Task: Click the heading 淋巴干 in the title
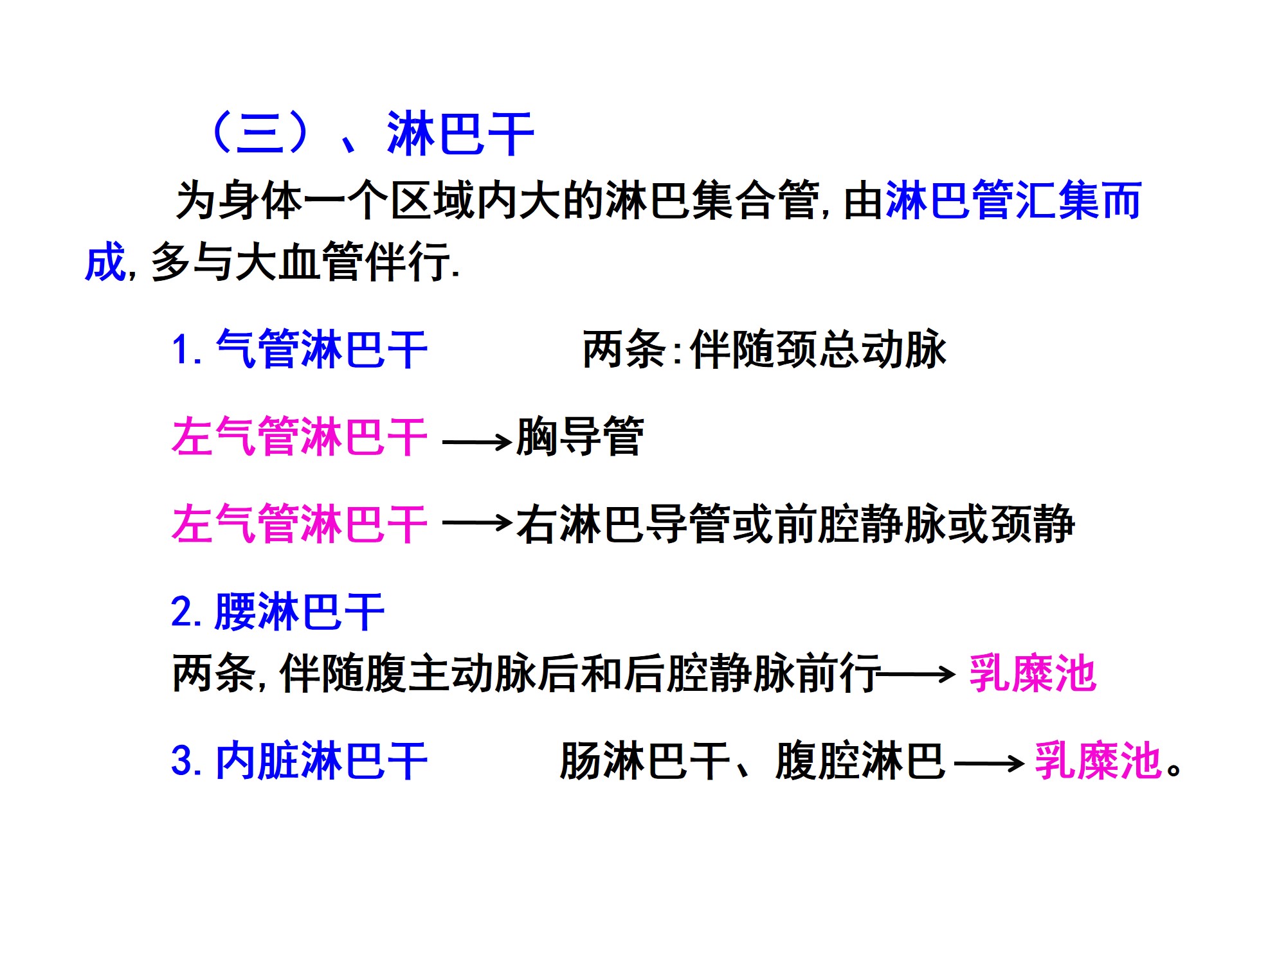point(460,134)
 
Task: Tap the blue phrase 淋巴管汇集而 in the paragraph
point(1013,201)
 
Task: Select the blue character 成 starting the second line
point(105,262)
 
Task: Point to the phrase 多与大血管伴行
point(300,262)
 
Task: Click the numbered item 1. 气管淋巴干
point(300,350)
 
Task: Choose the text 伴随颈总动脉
point(818,350)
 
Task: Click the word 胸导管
point(579,437)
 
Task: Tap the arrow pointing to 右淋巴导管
point(476,523)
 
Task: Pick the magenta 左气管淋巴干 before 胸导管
point(300,437)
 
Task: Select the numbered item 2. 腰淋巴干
point(278,612)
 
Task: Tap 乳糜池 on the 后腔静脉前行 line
point(1032,674)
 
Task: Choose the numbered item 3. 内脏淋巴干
point(300,762)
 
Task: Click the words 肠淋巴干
point(645,762)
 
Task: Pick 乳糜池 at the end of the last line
point(1098,762)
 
